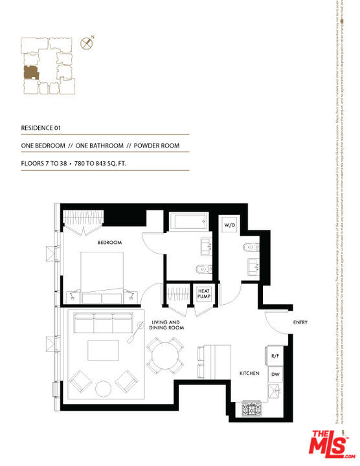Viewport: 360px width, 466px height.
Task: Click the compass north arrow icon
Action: (x=85, y=43)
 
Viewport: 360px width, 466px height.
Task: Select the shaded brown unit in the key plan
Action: (x=30, y=72)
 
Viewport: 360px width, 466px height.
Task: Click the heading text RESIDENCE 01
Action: (x=42, y=128)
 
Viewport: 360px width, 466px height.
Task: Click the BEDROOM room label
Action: (x=109, y=243)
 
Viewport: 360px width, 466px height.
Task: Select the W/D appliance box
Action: (x=229, y=225)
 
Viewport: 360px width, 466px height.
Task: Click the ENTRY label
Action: (x=300, y=322)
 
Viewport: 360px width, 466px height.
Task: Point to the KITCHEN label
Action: (x=249, y=374)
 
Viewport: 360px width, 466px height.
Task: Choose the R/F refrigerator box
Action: (x=273, y=355)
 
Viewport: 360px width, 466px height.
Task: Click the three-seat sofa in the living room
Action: (x=104, y=322)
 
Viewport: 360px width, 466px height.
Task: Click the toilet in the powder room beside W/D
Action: (x=252, y=247)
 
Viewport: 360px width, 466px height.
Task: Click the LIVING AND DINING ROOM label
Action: (x=168, y=325)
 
